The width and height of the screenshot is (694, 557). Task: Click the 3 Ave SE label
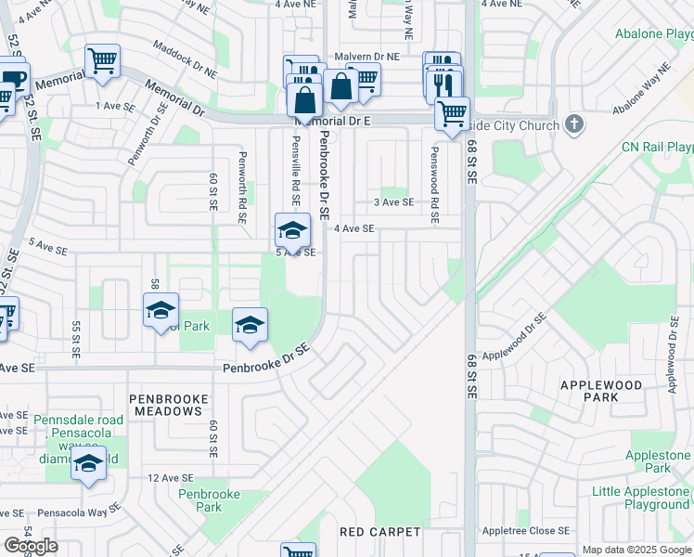pyautogui.click(x=392, y=202)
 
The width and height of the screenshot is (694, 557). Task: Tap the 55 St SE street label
pyautogui.click(x=76, y=341)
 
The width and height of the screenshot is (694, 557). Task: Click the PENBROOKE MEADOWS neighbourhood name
pyautogui.click(x=169, y=406)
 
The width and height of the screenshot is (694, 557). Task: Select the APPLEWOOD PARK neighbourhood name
pyautogui.click(x=601, y=391)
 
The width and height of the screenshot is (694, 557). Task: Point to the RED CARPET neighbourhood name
pyautogui.click(x=380, y=532)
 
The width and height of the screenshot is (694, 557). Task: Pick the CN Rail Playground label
pyautogui.click(x=658, y=147)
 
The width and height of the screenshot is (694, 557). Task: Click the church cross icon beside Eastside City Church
pyautogui.click(x=574, y=124)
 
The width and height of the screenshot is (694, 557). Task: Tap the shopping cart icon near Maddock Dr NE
pyautogui.click(x=102, y=61)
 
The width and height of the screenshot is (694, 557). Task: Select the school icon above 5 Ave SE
pyautogui.click(x=291, y=230)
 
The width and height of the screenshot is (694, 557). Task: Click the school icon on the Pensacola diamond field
pyautogui.click(x=88, y=464)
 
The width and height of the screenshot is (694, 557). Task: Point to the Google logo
pyautogui.click(x=32, y=546)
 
